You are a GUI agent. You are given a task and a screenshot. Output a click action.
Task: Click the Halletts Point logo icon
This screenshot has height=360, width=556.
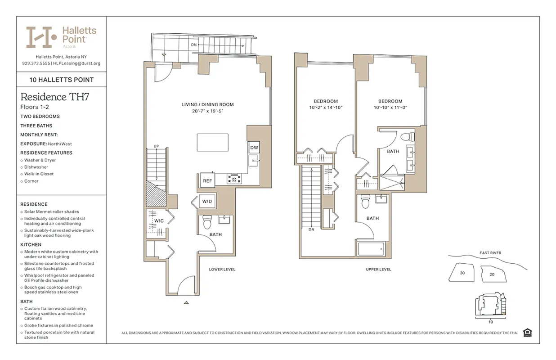(41, 37)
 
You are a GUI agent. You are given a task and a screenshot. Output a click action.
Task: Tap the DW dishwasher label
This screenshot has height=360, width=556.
(254, 148)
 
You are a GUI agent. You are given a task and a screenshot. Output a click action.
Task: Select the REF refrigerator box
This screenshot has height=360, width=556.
(207, 180)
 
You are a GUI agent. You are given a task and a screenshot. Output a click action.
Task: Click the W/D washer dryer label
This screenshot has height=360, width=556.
(207, 201)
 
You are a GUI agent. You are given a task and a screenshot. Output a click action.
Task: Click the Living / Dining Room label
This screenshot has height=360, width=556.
(207, 105)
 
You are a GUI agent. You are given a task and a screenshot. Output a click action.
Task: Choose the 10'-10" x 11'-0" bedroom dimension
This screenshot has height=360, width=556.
(390, 108)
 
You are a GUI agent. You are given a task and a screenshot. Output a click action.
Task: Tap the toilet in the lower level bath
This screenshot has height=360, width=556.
(207, 222)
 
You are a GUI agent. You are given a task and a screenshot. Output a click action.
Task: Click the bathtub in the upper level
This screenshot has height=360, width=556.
(371, 248)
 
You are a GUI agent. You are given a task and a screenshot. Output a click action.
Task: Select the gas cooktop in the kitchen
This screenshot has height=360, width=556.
(234, 179)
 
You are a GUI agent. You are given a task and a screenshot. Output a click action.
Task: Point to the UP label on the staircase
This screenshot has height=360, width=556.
(156, 146)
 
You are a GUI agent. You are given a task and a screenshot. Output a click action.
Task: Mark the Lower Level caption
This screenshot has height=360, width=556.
(222, 270)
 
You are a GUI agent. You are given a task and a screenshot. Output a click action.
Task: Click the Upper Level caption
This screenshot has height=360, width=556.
(378, 270)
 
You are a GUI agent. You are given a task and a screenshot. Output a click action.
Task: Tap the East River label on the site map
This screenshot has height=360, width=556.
(490, 253)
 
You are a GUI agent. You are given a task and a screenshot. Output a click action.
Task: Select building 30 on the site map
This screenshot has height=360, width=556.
(462, 273)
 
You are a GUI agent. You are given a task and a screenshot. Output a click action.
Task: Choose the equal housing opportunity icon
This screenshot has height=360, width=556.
(528, 333)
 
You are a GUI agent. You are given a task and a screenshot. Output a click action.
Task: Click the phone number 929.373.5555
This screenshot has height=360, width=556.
(36, 63)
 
